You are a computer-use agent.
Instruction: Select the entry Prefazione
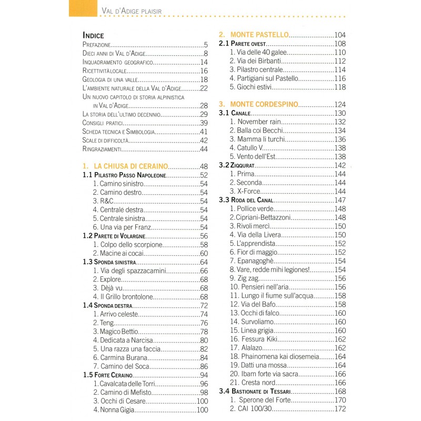tap(97, 45)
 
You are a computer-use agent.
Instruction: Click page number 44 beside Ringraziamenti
tap(205, 149)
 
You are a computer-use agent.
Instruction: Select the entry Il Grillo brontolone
tap(123, 297)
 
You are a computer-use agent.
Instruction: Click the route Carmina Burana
tap(121, 357)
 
